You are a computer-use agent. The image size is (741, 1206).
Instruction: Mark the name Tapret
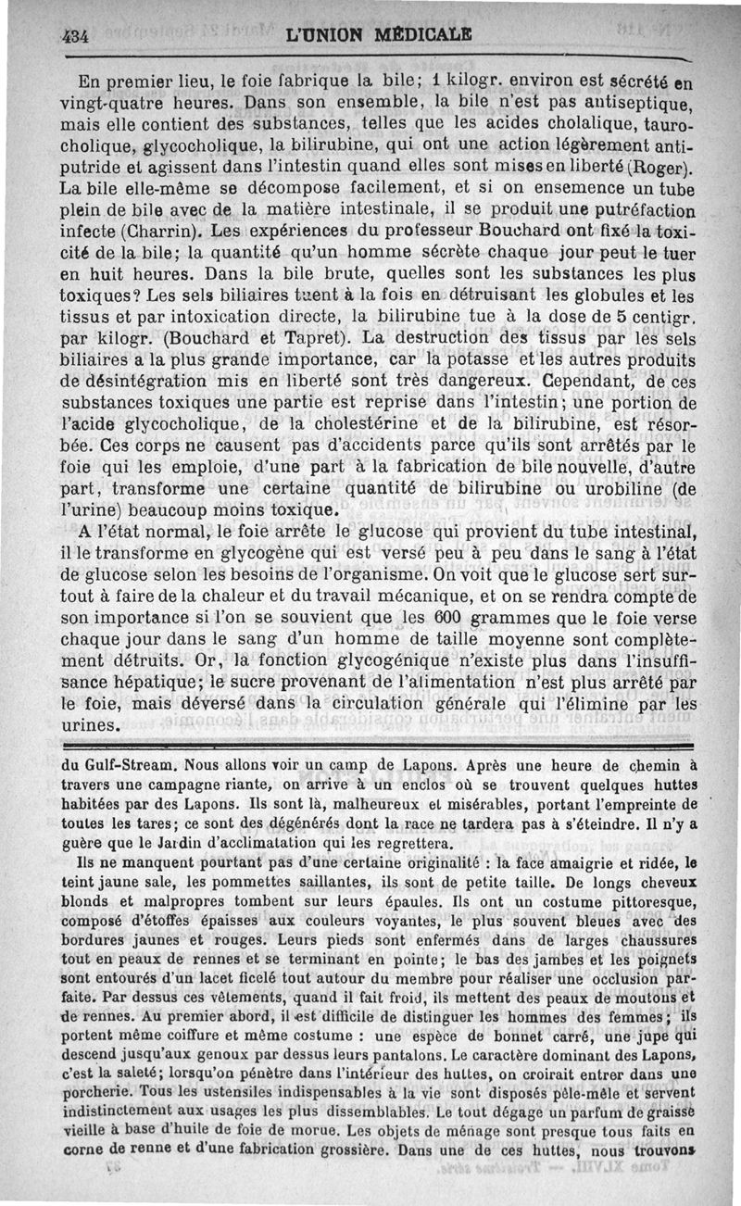point(302,336)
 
